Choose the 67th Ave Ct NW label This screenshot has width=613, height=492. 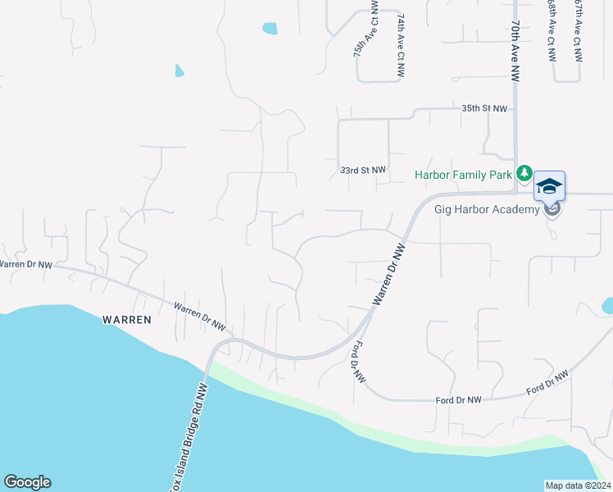click(578, 33)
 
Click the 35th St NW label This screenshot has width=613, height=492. click(484, 108)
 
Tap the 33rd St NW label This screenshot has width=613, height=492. click(362, 170)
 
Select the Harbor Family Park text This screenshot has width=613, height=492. click(463, 175)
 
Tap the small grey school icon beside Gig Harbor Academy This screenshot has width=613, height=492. click(553, 209)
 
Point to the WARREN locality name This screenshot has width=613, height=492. click(126, 320)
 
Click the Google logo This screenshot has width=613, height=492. click(27, 482)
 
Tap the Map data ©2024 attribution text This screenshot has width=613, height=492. click(577, 485)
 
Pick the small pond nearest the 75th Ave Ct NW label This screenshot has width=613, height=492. click(270, 29)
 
